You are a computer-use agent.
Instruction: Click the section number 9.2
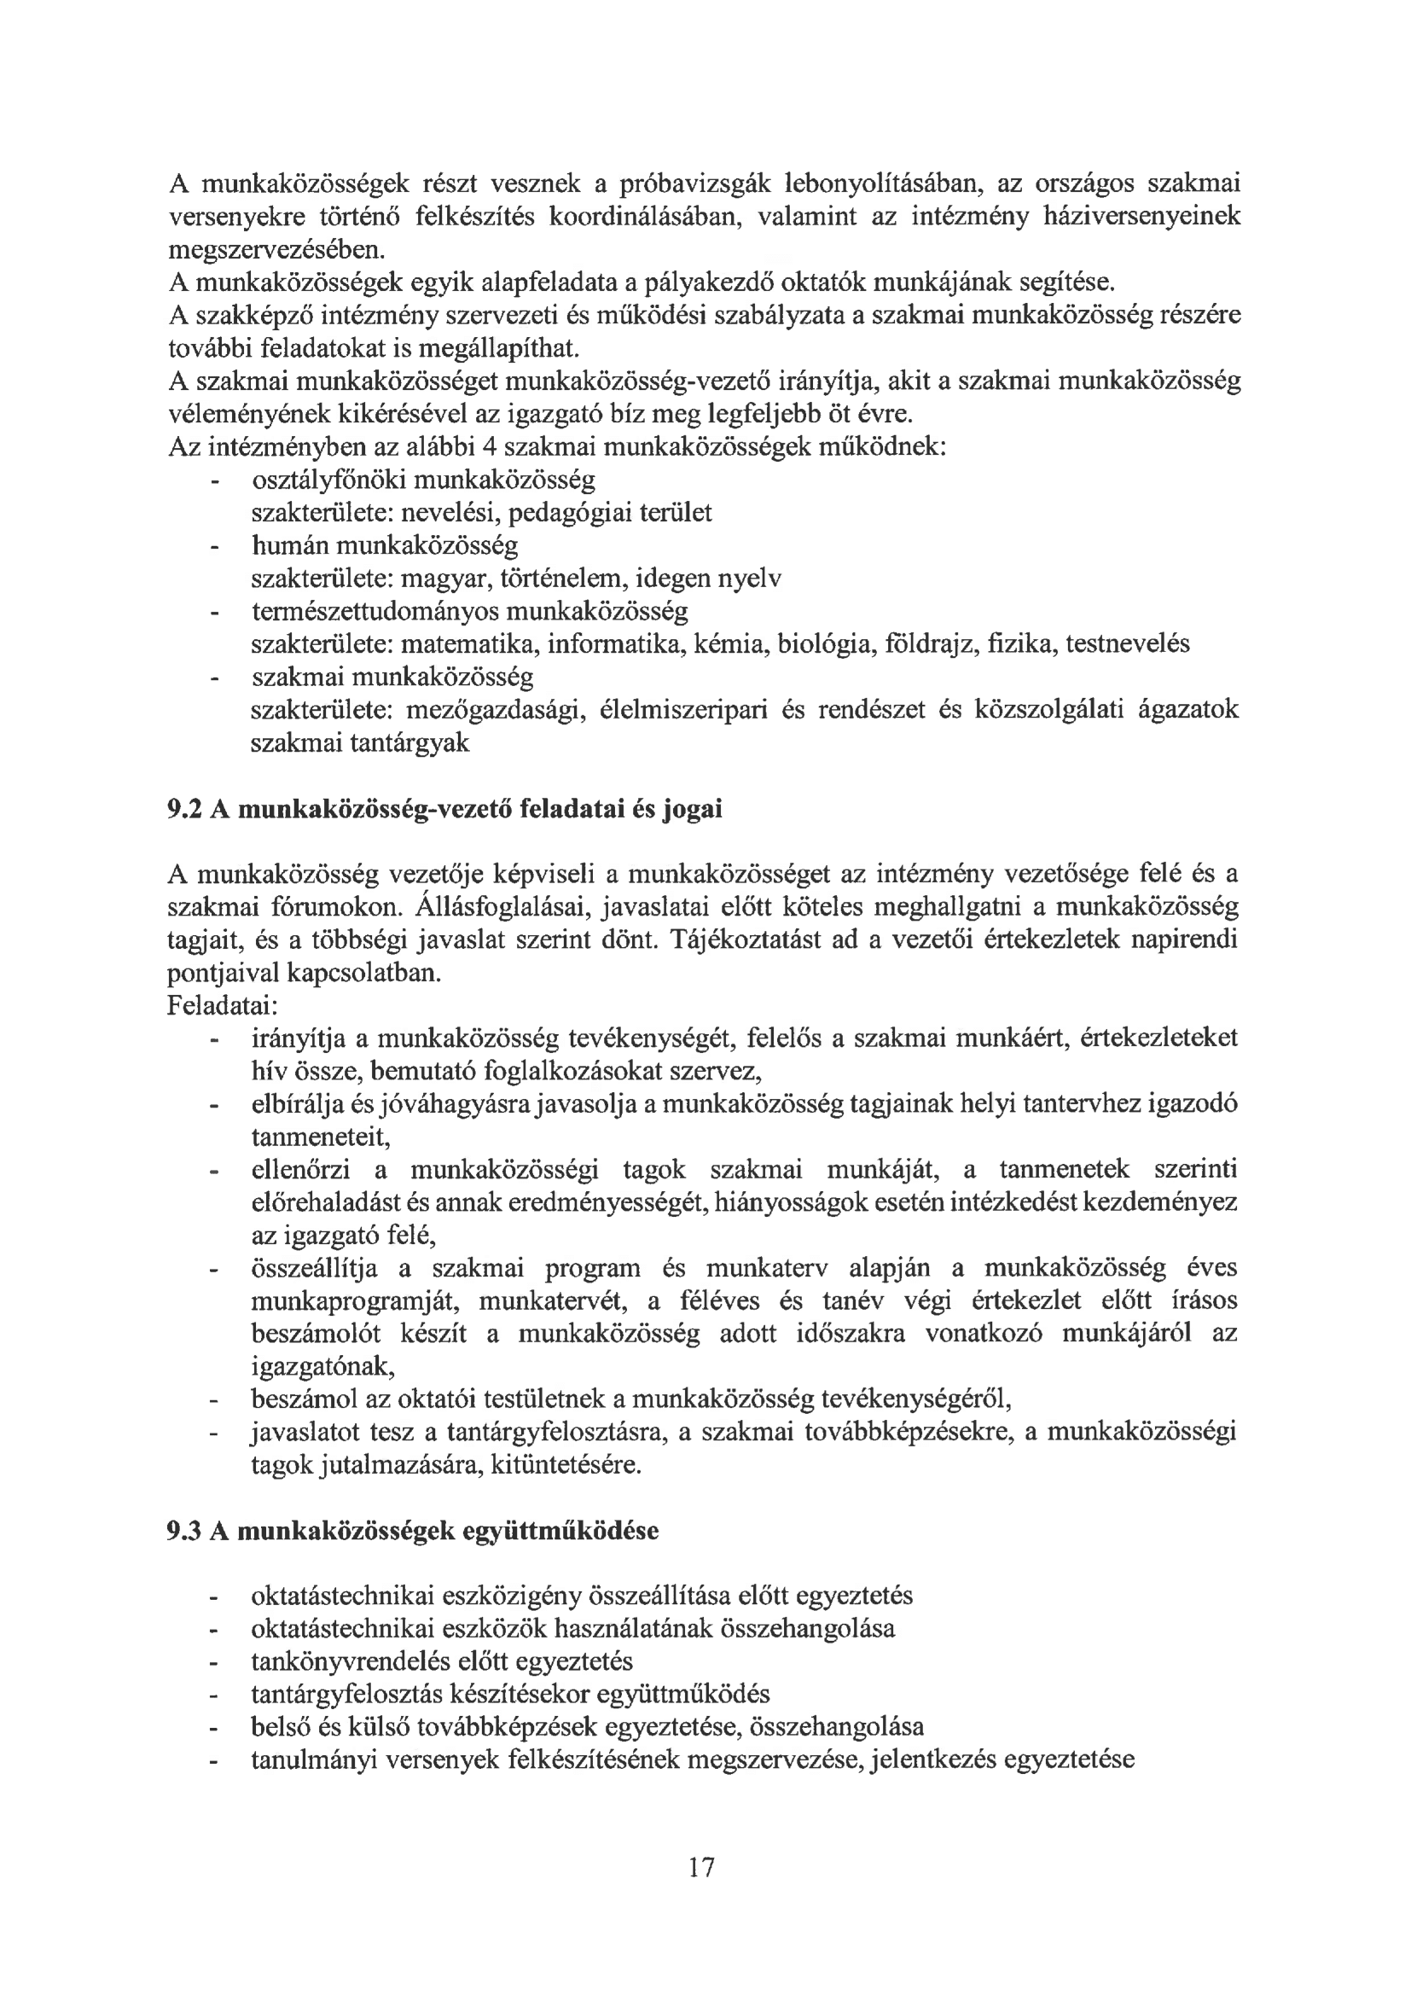coord(184,809)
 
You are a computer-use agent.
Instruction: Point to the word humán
coord(289,545)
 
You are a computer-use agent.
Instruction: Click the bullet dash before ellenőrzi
coord(212,1172)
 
